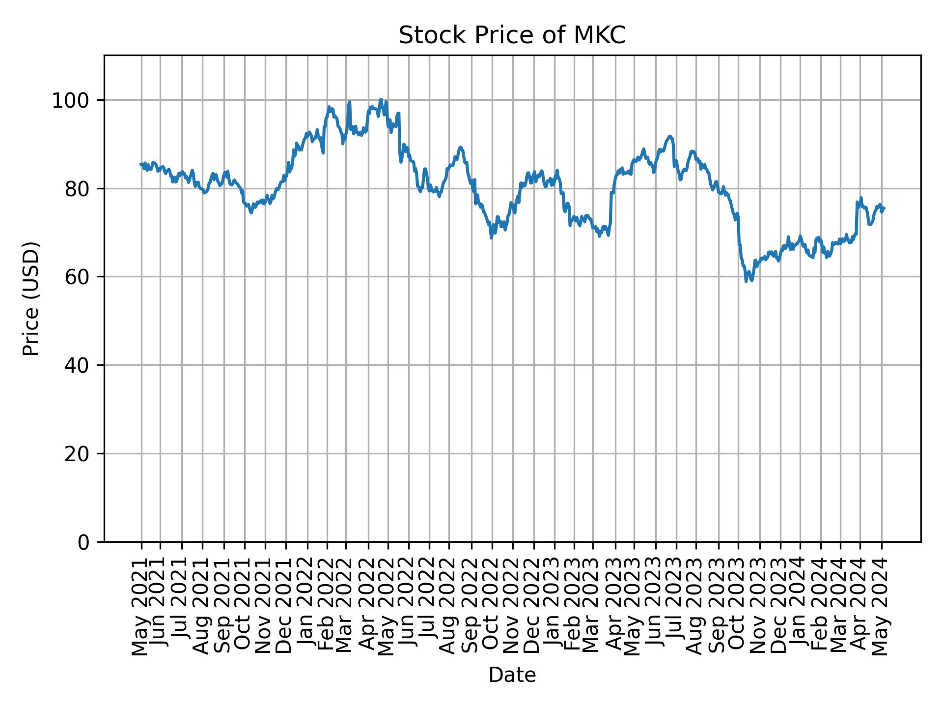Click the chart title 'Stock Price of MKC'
click(512, 36)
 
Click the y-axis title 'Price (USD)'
click(31, 298)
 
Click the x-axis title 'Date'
click(512, 675)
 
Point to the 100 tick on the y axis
click(74, 101)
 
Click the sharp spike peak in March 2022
click(349, 102)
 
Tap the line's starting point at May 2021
click(141, 164)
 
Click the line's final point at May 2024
click(884, 208)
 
